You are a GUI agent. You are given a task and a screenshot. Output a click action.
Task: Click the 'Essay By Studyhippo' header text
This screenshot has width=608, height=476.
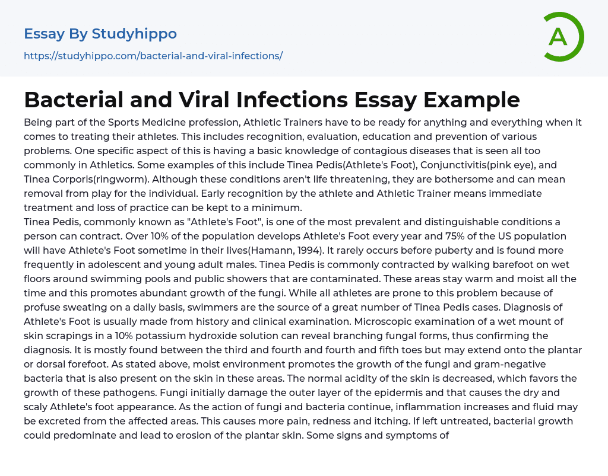pyautogui.click(x=100, y=34)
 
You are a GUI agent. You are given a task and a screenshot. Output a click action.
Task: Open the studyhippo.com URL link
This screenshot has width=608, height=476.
pyautogui.click(x=153, y=56)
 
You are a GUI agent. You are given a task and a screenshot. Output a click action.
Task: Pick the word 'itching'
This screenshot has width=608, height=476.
pyautogui.click(x=349, y=420)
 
